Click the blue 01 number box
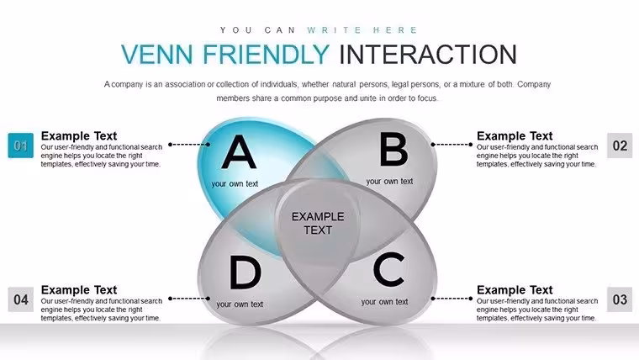pyautogui.click(x=21, y=146)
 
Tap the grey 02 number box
pyautogui.click(x=620, y=146)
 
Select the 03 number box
pyautogui.click(x=620, y=299)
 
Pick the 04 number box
pyautogui.click(x=21, y=299)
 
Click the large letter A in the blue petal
pyautogui.click(x=239, y=152)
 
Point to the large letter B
pyautogui.click(x=393, y=150)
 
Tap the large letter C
pyautogui.click(x=388, y=268)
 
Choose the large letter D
pyautogui.click(x=245, y=273)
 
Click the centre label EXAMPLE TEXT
pyautogui.click(x=318, y=223)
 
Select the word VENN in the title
pyautogui.click(x=157, y=54)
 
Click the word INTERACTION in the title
pyautogui.click(x=428, y=54)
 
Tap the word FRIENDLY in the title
pyautogui.click(x=267, y=54)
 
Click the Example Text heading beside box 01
pyautogui.click(x=79, y=135)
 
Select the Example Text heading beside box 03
pyautogui.click(x=515, y=290)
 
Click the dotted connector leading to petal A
pyautogui.click(x=189, y=145)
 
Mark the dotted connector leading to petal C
pyautogui.click(x=452, y=299)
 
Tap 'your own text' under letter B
pyautogui.click(x=389, y=181)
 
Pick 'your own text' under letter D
pyautogui.click(x=240, y=304)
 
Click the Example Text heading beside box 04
pyautogui.click(x=79, y=290)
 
